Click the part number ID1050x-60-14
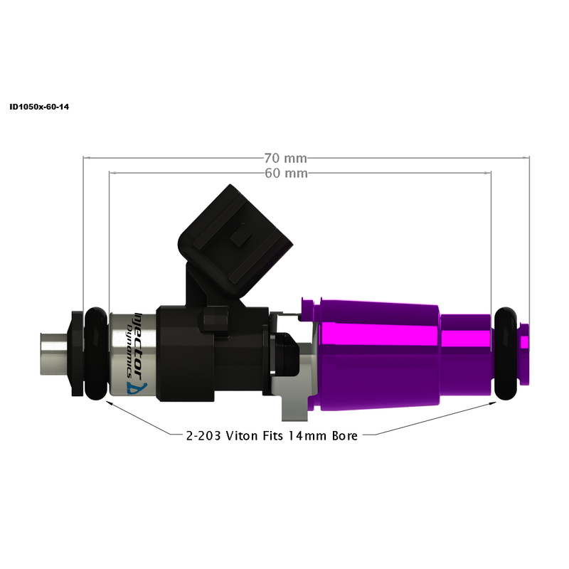tap(39, 107)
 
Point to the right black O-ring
tap(506, 353)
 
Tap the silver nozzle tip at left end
tap(53, 352)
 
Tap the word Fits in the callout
tap(273, 435)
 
